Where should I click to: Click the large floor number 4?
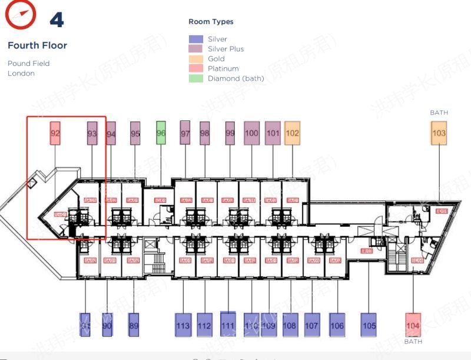[x=57, y=19]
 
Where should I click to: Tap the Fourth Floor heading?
[x=37, y=45]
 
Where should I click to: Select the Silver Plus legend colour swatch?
[x=196, y=49]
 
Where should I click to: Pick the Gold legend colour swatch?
[x=196, y=59]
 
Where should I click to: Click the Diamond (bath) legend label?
[x=235, y=78]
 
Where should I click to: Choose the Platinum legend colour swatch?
[x=196, y=68]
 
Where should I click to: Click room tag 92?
[x=55, y=133]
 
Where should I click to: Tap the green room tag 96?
[x=161, y=133]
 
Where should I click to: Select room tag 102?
[x=292, y=133]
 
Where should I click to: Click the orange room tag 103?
[x=439, y=133]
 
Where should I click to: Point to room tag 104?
[x=413, y=325]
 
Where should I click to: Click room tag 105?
[x=369, y=325]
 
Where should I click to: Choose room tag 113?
[x=183, y=325]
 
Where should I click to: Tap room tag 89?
[x=134, y=325]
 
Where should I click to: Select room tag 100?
[x=251, y=133]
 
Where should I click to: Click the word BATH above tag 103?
[x=439, y=113]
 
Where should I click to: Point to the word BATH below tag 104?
[x=413, y=342]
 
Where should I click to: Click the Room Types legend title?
[x=211, y=22]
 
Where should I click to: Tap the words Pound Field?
[x=29, y=63]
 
